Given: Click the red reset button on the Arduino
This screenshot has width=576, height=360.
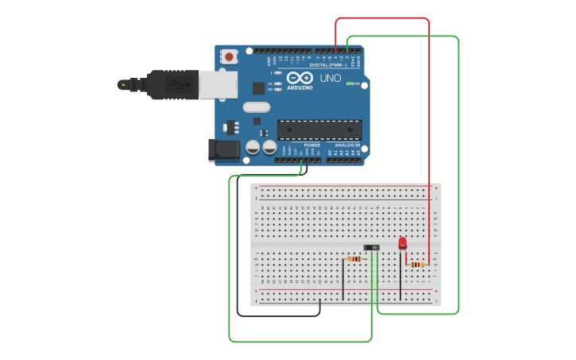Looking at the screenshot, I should coord(229,56).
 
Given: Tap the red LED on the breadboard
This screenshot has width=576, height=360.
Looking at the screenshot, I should coord(402,242).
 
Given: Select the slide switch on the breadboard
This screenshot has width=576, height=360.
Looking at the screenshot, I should coord(371,248).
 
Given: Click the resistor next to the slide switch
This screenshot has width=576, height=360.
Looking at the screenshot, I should coord(354,258).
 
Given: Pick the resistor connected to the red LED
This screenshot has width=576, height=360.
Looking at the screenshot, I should coord(417,264).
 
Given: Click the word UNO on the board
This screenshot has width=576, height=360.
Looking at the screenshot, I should coord(331,79).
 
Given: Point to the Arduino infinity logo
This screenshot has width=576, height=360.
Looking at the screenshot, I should coord(300,78).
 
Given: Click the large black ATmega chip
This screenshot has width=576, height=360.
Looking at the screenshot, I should coord(319,130).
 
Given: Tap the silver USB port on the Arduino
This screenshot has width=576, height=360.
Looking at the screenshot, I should coord(218,84).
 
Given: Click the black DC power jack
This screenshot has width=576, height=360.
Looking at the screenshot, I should coord(224,149).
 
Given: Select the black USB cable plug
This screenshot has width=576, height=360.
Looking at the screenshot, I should coord(172,84).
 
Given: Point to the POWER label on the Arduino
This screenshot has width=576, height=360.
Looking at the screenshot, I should coord(312,145).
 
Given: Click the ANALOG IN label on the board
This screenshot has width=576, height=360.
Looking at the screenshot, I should coord(348,145).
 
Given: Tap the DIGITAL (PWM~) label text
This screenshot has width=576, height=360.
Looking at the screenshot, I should coord(337,64).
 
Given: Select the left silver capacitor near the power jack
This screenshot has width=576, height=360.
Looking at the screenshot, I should coord(253,147).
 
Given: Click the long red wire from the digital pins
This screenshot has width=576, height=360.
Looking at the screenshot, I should coord(429,119).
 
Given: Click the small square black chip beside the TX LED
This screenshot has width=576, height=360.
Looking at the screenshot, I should coord(258,88).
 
